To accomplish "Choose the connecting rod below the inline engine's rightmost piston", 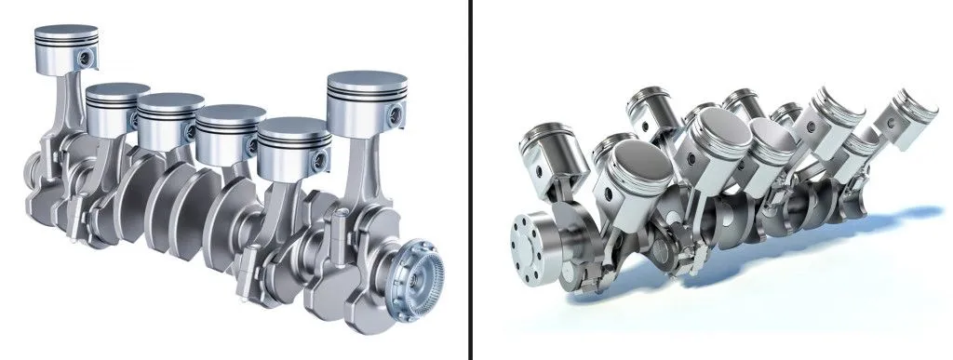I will tap(357, 177).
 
